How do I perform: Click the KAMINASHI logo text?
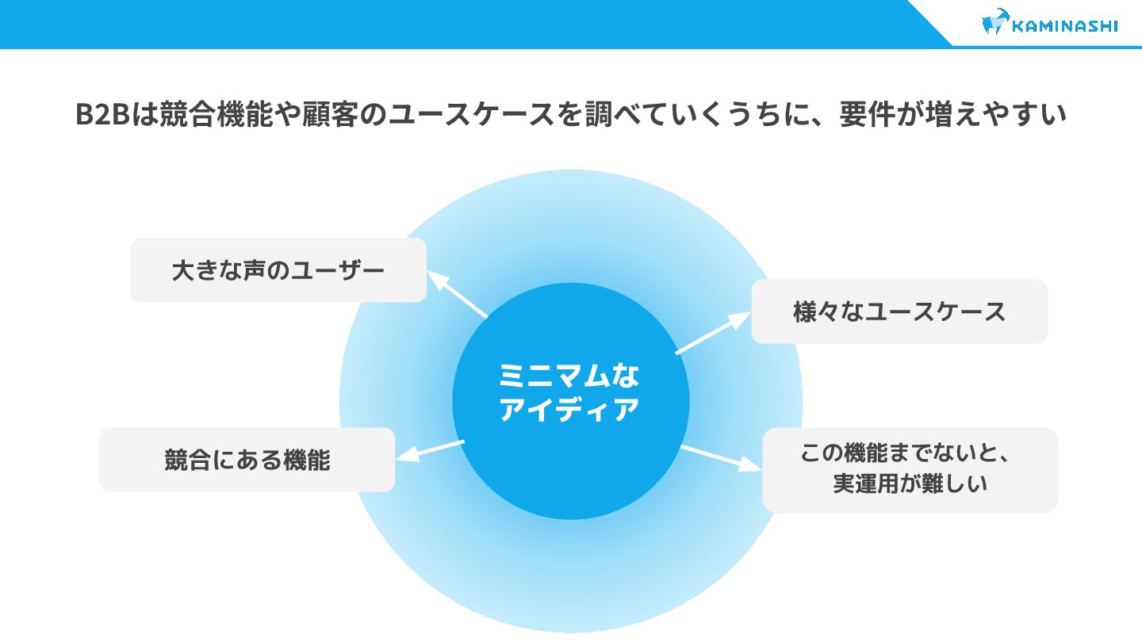1065,25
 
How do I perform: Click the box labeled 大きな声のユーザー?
278,270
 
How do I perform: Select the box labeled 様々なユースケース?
899,311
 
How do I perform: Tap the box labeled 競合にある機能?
247,460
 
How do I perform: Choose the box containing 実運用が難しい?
910,470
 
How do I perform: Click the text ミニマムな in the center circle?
569,376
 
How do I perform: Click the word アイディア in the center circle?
569,410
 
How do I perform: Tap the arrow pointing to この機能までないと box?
721,458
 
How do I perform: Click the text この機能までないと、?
908,454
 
